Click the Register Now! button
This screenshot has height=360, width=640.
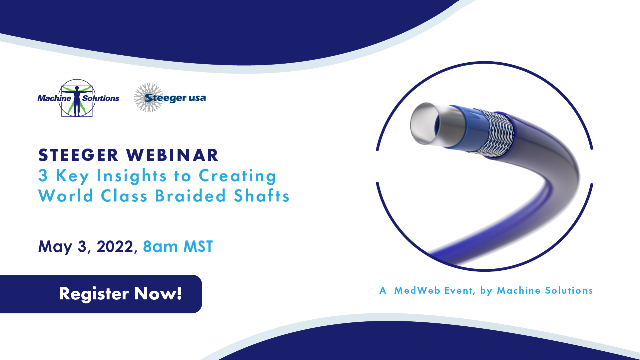(x=101, y=294)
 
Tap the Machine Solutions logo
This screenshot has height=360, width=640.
(x=78, y=98)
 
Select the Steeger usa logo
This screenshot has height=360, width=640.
(x=170, y=98)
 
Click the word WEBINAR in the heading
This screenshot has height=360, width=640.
(x=172, y=155)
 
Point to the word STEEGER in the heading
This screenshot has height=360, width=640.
(x=78, y=155)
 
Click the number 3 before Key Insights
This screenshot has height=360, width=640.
(x=43, y=176)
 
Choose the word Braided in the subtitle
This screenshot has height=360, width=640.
(x=191, y=195)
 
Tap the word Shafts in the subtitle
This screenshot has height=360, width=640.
(x=262, y=195)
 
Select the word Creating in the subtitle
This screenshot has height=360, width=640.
(x=238, y=176)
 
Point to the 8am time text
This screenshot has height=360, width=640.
(x=161, y=247)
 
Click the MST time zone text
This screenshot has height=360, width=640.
(x=198, y=247)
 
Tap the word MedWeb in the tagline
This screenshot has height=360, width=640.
(x=417, y=290)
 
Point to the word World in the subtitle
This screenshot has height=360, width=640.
(x=66, y=195)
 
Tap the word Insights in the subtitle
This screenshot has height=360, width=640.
(x=132, y=176)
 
